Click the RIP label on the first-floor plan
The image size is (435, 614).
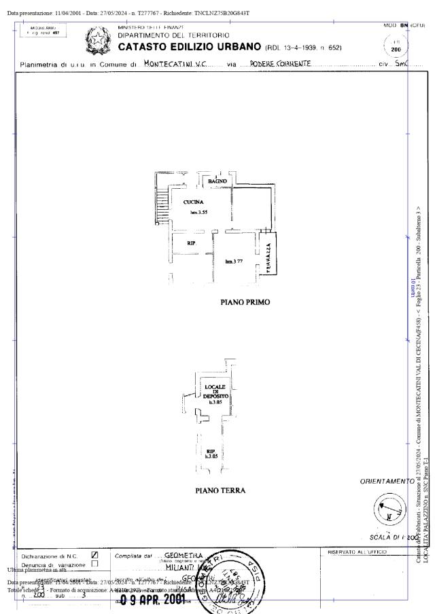[x=192, y=242]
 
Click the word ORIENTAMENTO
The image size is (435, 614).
[x=387, y=482]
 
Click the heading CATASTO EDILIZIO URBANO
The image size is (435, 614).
[x=190, y=47]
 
